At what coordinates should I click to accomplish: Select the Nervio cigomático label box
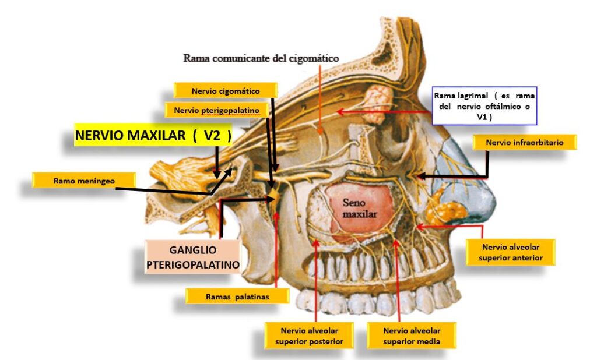pyautogui.click(x=225, y=91)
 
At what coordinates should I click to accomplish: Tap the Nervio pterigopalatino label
pyautogui.click(x=216, y=110)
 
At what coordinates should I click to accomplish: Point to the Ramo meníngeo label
pyautogui.click(x=84, y=181)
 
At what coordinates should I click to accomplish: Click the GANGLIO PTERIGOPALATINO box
pyautogui.click(x=193, y=257)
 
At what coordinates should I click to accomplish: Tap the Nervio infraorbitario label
pyautogui.click(x=524, y=142)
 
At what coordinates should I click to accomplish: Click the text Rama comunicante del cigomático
pyautogui.click(x=261, y=58)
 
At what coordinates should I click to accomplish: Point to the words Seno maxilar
pyautogui.click(x=360, y=209)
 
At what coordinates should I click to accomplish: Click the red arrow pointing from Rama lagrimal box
pyautogui.click(x=385, y=110)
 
